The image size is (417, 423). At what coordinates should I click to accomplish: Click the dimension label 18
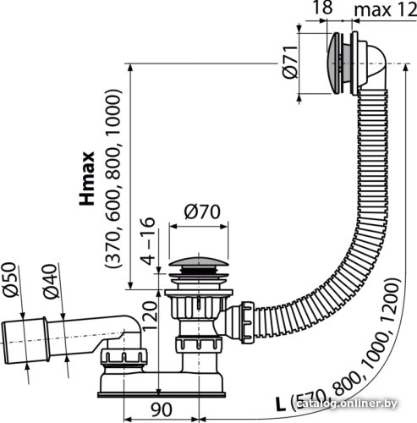point(322,8)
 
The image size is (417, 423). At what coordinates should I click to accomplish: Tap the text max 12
point(386,10)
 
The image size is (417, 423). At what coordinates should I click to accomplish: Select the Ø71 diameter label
point(290,62)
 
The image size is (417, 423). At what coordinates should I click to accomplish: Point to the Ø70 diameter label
point(202,211)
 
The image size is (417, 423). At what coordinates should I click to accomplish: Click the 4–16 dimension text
point(148,241)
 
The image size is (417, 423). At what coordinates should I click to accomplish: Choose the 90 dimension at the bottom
point(162,409)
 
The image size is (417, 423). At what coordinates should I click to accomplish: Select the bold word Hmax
point(87,179)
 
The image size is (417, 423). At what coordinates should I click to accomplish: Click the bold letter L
point(280,405)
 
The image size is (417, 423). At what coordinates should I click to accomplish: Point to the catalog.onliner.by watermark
point(348,404)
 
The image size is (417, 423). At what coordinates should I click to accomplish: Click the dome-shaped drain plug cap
point(199,261)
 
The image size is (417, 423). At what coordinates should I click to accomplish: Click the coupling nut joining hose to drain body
point(247,322)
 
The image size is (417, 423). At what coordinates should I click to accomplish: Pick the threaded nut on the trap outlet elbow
point(123,357)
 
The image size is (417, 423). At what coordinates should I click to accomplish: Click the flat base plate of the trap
point(162,394)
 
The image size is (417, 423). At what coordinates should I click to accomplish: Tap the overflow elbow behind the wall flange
point(373,63)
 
